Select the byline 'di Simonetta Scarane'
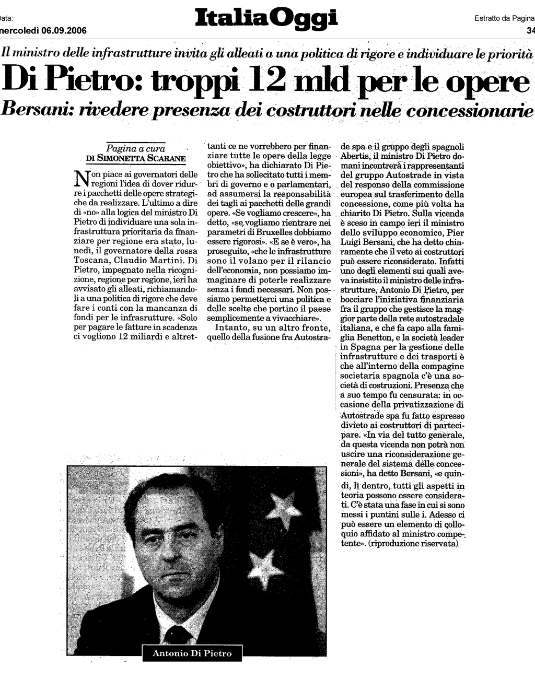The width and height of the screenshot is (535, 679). coord(135,158)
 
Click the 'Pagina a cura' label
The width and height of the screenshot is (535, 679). coord(136,149)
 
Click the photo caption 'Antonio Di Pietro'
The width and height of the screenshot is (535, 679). coord(192,653)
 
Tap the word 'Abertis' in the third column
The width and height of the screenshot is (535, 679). coord(356,156)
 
